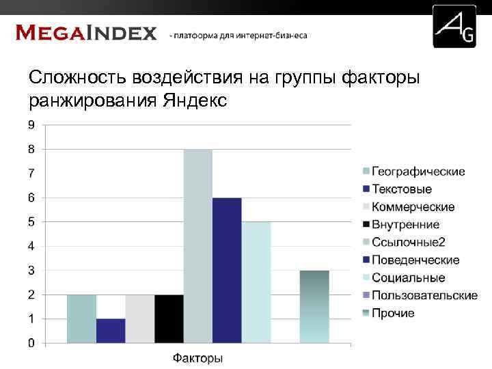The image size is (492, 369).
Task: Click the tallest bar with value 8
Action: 198,246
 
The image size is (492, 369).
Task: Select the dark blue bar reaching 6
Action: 227,270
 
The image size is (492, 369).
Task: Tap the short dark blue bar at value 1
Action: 111,330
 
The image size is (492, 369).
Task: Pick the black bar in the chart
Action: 169,318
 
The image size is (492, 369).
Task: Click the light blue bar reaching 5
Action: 256,282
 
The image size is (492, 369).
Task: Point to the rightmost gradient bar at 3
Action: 314,306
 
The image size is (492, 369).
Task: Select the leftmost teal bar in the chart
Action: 81,318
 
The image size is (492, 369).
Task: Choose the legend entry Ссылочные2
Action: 409,243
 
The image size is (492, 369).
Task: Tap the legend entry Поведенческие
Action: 415,260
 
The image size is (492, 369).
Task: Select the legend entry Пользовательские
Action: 424,295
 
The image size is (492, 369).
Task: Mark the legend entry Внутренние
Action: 405,225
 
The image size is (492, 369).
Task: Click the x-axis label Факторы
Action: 197,358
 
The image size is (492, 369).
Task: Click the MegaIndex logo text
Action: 86,33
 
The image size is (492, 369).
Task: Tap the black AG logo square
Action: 454,26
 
